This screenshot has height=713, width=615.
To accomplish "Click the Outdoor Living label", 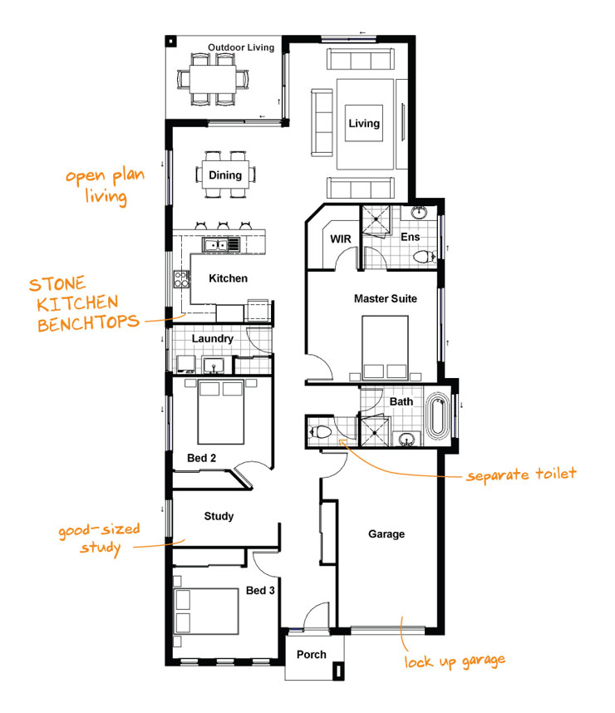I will coord(240,47).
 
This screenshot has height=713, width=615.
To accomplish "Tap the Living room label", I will coord(364,124).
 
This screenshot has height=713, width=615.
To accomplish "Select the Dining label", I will coord(225,175).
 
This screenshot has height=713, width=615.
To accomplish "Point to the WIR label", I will coord(341,239).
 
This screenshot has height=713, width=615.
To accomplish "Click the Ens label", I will coord(411,238).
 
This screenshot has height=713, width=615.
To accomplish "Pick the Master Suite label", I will coord(386,298).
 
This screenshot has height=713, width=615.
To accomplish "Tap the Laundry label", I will coord(212,339).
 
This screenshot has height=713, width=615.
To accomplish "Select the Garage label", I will coord(386,534).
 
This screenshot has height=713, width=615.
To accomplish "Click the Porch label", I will coord(312,655).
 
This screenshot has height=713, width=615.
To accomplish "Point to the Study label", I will coord(219,516).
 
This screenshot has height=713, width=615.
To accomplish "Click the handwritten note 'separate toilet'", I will coord(521,476).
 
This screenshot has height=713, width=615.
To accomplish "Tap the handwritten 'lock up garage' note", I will coord(455,661).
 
